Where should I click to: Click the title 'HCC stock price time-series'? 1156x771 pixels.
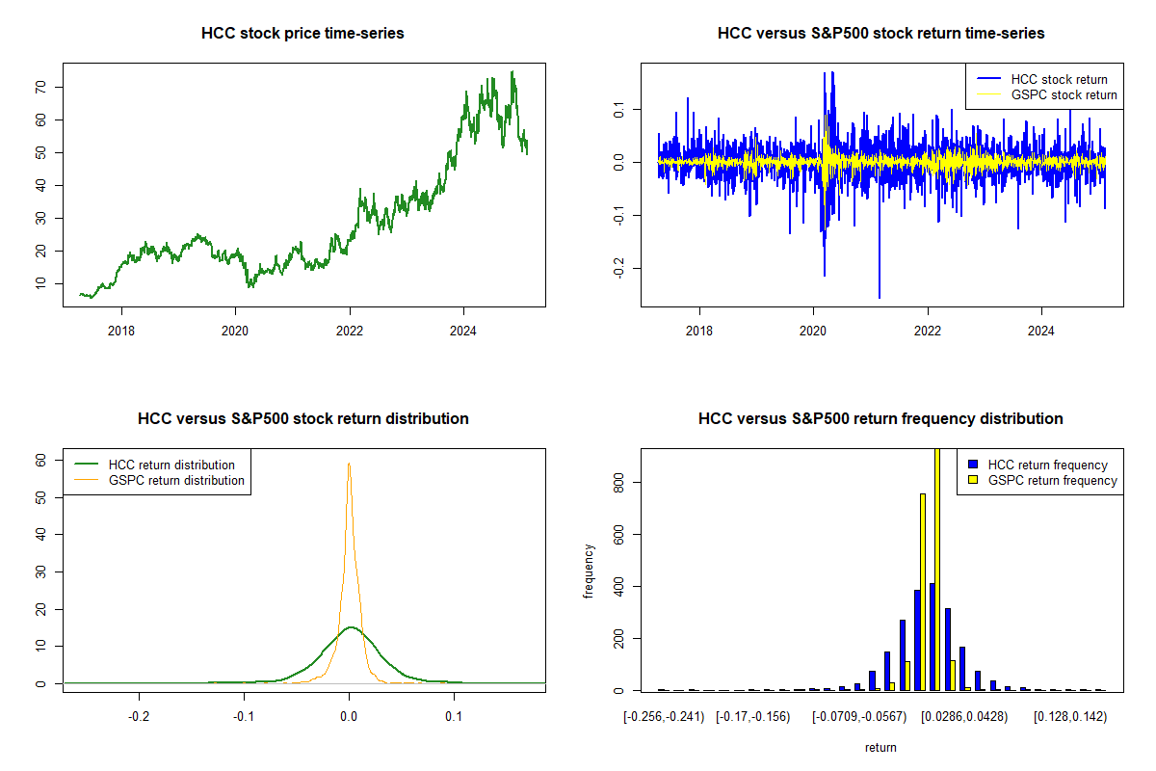pyautogui.click(x=302, y=34)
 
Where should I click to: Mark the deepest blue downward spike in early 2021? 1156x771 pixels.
pyautogui.click(x=880, y=295)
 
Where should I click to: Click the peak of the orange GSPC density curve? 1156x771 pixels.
pyautogui.click(x=349, y=464)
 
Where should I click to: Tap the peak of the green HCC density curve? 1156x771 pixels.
pyautogui.click(x=350, y=627)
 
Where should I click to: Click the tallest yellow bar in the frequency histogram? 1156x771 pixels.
pyautogui.click(x=937, y=569)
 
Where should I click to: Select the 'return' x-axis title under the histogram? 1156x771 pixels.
pyautogui.click(x=880, y=747)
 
